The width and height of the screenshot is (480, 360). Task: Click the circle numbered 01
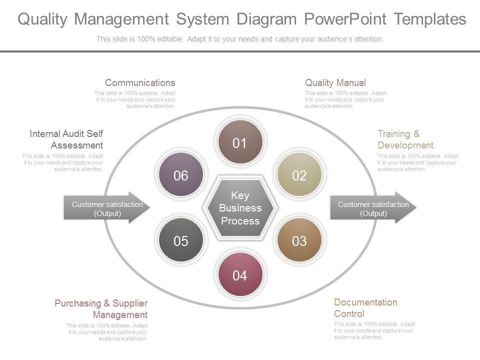click(240, 143)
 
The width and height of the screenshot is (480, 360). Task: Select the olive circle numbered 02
click(299, 175)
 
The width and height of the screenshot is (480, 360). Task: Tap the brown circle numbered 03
click(299, 241)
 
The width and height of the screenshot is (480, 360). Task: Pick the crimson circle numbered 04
click(240, 275)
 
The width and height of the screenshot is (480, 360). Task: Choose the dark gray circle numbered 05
click(180, 241)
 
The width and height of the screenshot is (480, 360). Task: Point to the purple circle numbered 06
click(180, 175)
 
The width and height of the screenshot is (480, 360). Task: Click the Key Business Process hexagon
click(240, 208)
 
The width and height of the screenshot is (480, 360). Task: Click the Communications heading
click(140, 82)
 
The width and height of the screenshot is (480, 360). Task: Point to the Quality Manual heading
click(335, 82)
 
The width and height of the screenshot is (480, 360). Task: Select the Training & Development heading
click(405, 139)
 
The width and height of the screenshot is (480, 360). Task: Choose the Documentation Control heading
click(365, 308)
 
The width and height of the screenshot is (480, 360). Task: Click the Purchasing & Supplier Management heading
click(101, 309)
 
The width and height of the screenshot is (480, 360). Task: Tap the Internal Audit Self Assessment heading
click(66, 139)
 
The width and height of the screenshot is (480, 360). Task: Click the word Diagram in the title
click(267, 19)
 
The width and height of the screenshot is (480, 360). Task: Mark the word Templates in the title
click(429, 19)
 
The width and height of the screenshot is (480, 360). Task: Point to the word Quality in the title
click(42, 19)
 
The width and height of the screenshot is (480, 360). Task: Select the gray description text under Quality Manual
click(345, 99)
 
